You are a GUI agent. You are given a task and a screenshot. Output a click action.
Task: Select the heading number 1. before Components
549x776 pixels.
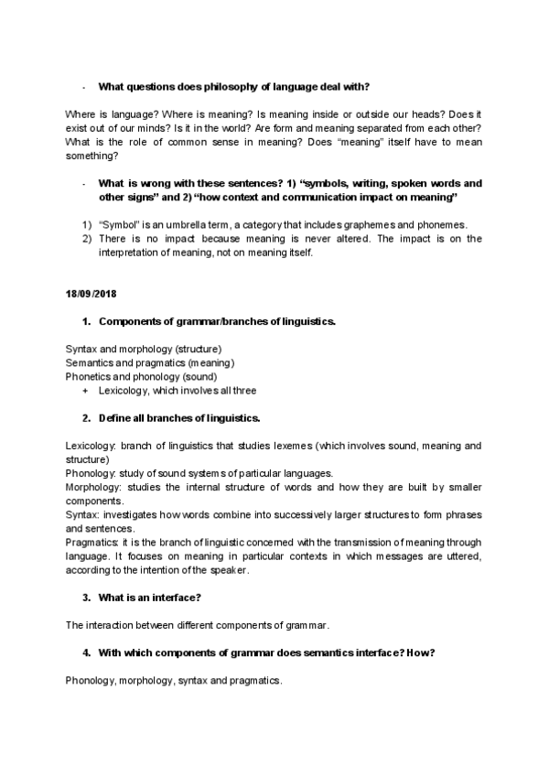pos(86,321)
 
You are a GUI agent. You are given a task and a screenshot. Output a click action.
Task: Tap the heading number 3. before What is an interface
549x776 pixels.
pos(86,598)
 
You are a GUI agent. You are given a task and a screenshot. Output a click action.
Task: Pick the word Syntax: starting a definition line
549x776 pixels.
pos(81,515)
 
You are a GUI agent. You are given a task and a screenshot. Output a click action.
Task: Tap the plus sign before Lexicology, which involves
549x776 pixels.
pos(85,390)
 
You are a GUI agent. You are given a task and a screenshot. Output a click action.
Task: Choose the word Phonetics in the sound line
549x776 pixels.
pos(88,376)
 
